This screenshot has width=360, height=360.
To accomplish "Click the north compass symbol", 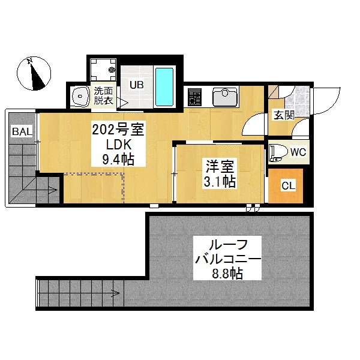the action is (34, 73).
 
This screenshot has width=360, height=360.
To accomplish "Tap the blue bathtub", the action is (164, 87).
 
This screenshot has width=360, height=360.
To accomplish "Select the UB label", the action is (137, 85).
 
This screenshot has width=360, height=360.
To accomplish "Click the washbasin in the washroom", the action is (80, 97).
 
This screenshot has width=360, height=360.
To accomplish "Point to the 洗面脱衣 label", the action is (103, 96).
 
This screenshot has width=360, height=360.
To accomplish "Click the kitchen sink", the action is (225, 97).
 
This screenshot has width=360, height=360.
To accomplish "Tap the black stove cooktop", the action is (194, 97).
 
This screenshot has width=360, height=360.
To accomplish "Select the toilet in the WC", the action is (279, 152).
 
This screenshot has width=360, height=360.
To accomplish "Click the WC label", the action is (298, 152).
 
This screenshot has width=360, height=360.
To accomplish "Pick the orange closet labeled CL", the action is (286, 186).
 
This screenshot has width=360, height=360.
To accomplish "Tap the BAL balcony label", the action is (22, 131).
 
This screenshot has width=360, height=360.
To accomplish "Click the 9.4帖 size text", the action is (118, 160).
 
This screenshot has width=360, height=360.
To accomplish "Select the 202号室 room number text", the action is (118, 130).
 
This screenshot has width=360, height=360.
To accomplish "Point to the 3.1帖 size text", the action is (220, 181).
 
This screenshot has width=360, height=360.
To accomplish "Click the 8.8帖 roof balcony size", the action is (227, 273).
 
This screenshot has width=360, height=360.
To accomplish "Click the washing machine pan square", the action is (103, 70).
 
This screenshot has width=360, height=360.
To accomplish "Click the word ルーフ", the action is (227, 245).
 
